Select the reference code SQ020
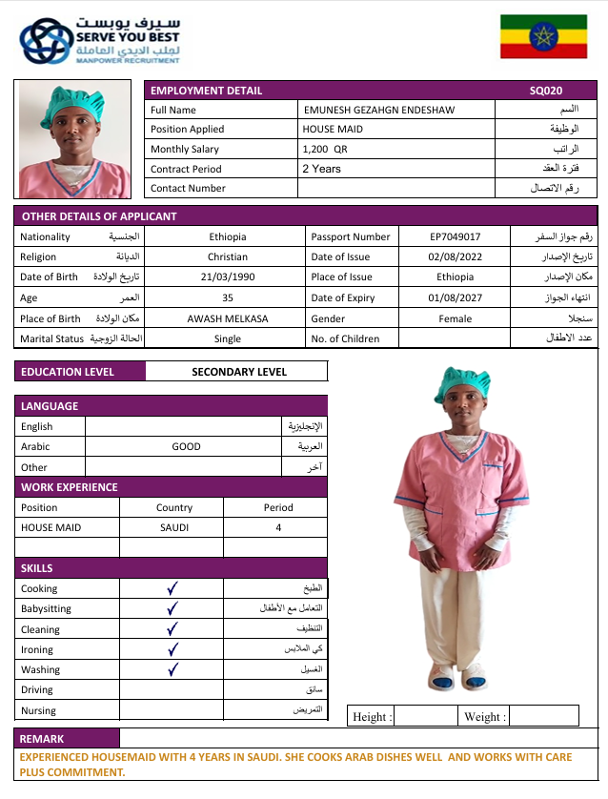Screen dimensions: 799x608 [546, 91]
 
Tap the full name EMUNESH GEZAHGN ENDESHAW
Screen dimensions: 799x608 [378, 110]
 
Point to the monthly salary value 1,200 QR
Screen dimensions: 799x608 [325, 149]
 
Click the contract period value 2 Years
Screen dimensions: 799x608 [321, 169]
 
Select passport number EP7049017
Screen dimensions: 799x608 [455, 236]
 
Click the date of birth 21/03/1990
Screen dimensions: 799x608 [227, 277]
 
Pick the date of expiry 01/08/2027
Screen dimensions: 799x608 [455, 297]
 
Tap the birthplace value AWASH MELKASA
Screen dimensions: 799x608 [226, 318]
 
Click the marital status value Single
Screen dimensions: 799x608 [227, 338]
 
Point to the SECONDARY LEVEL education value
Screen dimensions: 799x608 [239, 372]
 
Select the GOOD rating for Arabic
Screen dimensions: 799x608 [186, 446]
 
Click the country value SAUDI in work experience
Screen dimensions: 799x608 [173, 527]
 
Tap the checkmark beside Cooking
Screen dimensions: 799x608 [172, 588]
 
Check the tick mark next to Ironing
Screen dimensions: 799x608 [172, 649]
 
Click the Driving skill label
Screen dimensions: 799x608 [37, 689]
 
